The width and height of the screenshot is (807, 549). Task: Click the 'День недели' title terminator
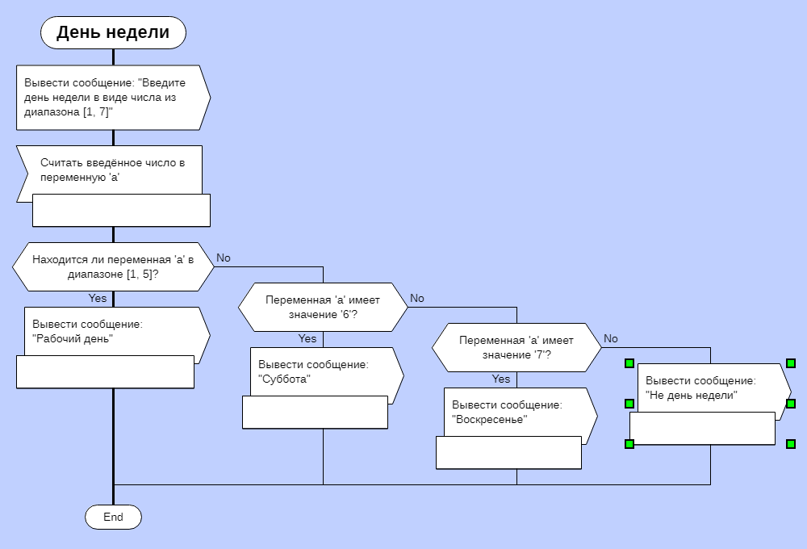113,32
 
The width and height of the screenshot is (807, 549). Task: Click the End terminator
113,517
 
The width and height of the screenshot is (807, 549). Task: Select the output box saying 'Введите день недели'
109,97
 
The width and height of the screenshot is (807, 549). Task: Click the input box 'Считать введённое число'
109,169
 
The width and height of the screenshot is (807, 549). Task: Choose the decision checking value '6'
323,307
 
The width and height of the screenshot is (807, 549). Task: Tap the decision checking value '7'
516,347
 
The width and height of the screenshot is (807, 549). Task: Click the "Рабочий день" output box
109,331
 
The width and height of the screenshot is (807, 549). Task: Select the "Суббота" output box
323,371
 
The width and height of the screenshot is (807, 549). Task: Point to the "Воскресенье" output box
516,412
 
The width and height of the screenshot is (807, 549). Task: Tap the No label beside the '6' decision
417,298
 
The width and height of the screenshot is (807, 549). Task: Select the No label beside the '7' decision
611,338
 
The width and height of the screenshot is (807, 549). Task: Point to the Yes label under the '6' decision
307,339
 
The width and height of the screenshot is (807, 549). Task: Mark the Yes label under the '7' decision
501,379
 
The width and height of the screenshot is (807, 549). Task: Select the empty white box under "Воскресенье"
508,453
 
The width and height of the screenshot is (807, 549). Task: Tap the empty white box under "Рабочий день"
105,372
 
